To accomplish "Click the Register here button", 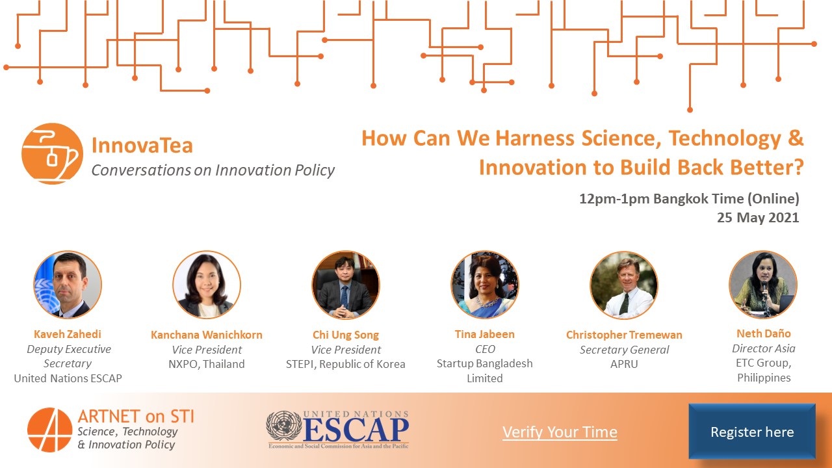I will (x=751, y=432).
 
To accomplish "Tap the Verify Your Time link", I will (x=560, y=432).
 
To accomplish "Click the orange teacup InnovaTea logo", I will (x=52, y=154).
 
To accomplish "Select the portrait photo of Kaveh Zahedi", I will (x=68, y=285).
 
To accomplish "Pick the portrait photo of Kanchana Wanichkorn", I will (x=207, y=285).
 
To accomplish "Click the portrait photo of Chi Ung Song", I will (x=346, y=285).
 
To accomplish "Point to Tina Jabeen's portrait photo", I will (x=485, y=285).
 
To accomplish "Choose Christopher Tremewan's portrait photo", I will (x=624, y=285).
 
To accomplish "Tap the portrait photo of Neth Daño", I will (x=763, y=285).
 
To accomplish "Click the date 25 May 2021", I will (x=758, y=218).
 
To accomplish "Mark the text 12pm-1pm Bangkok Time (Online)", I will (x=689, y=199).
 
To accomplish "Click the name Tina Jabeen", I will (x=485, y=334).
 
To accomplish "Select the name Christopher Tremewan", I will (x=624, y=335).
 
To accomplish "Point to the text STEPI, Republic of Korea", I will (x=346, y=364).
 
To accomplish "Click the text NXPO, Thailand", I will (x=207, y=364).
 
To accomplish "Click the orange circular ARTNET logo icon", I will (x=49, y=430).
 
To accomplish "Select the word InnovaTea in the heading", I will (x=142, y=145).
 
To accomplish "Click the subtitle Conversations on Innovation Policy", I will (x=213, y=170).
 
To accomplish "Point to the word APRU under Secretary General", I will (x=624, y=364).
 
